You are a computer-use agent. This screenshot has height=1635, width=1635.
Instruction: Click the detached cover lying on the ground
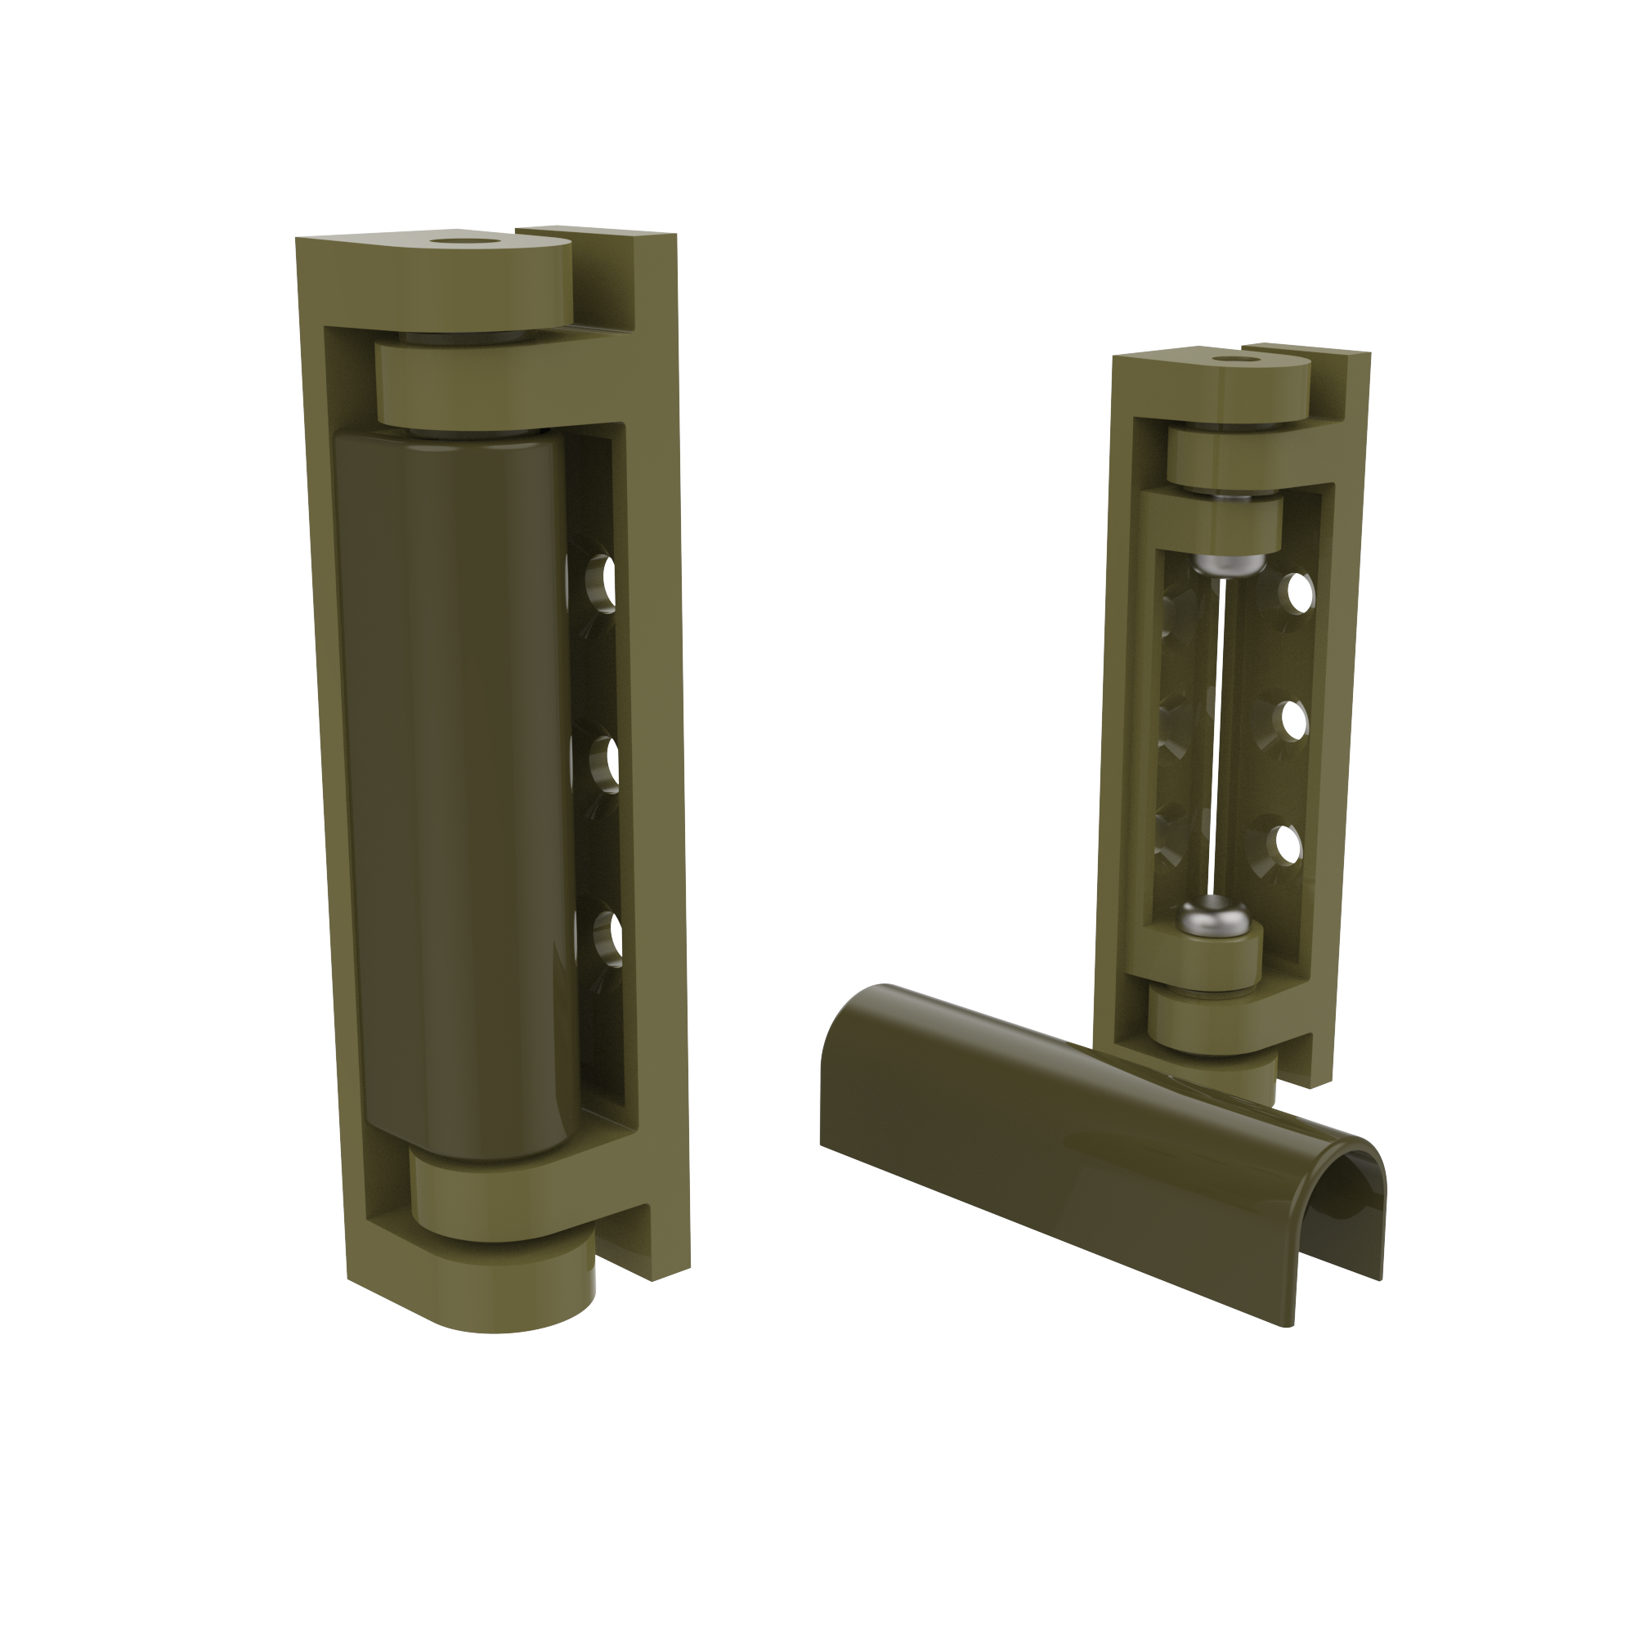tap(1058, 1126)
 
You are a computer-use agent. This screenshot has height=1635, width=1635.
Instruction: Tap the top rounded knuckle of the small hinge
tap(1235, 389)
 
